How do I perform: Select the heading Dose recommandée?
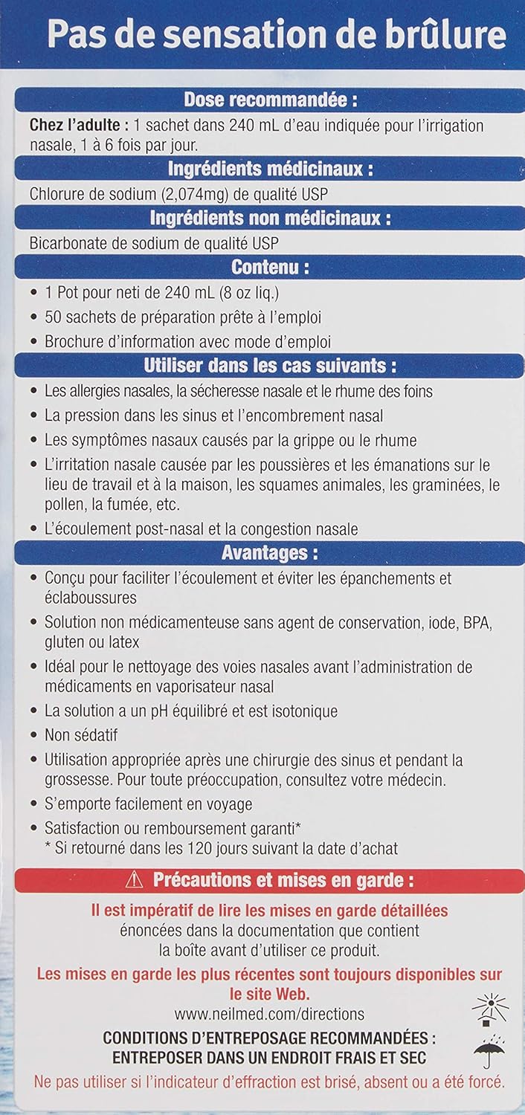pyautogui.click(x=265, y=100)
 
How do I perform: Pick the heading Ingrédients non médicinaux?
pyautogui.click(x=270, y=219)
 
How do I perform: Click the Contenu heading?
pyautogui.click(x=269, y=266)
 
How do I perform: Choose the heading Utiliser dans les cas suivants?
pyautogui.click(x=269, y=366)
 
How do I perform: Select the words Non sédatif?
pyautogui.click(x=81, y=735)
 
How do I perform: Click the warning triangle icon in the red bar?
pyautogui.click(x=134, y=881)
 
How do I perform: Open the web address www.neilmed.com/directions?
pyautogui.click(x=270, y=1014)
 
